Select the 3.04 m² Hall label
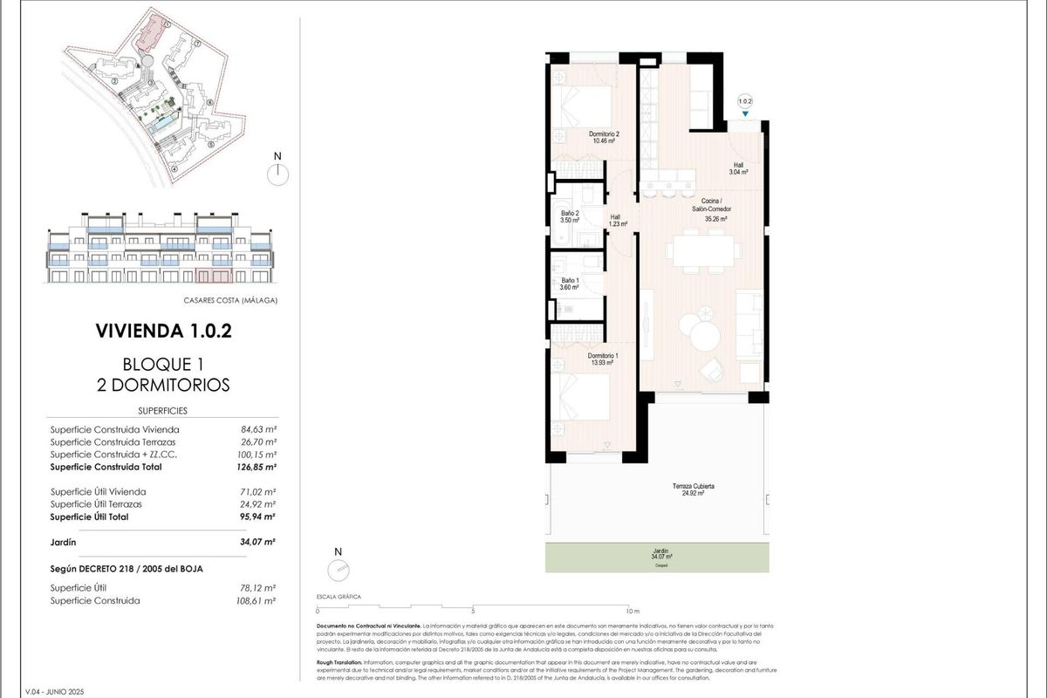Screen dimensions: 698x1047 (x=738, y=168)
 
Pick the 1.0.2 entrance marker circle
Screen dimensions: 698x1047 (x=744, y=101)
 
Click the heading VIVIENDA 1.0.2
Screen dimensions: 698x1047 (x=163, y=331)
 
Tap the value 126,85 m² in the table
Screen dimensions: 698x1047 (x=258, y=467)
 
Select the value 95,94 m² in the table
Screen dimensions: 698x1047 (x=258, y=517)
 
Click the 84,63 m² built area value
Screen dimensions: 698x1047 (x=258, y=429)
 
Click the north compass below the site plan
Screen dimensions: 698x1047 (x=277, y=171)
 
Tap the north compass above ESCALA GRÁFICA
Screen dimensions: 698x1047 (x=339, y=568)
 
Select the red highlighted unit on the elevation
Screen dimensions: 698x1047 (x=213, y=277)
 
